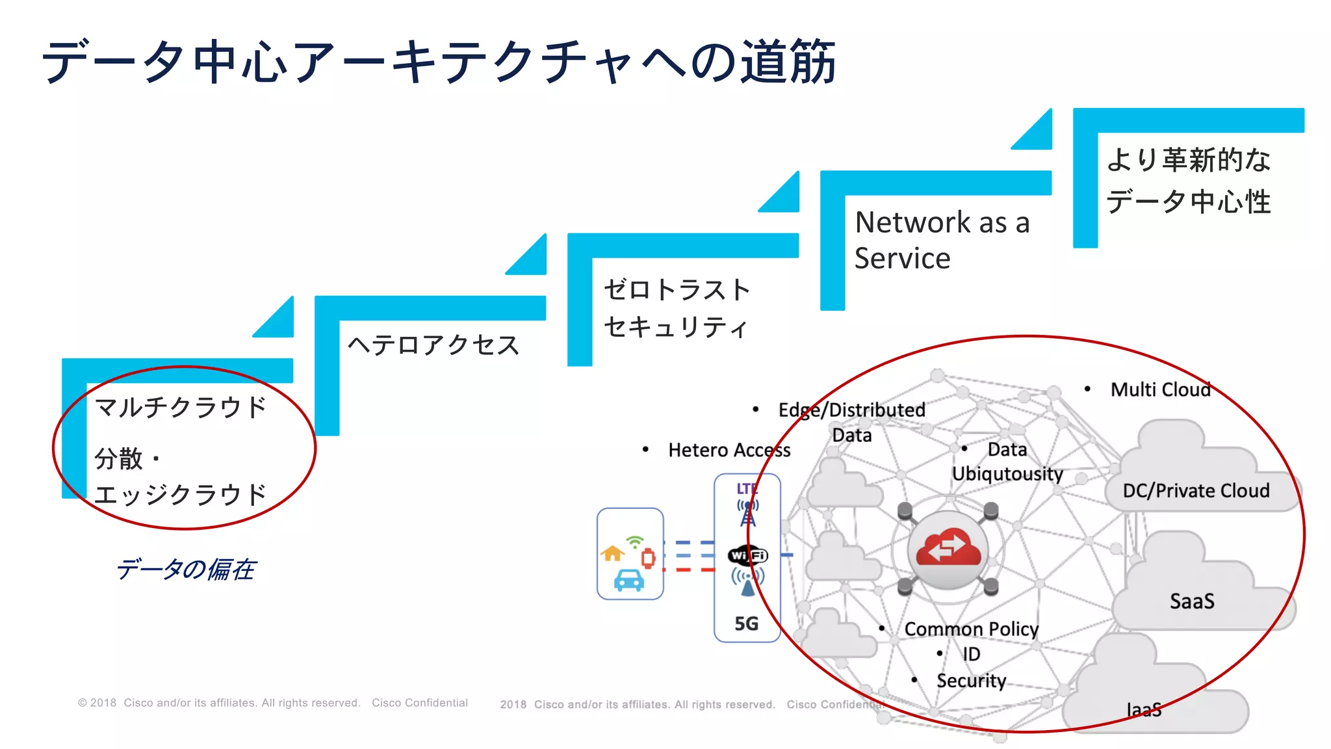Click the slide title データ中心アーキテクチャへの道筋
439,62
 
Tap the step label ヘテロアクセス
433,345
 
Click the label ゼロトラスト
677,290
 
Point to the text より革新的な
1188,160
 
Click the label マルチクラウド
181,408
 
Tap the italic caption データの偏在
185,570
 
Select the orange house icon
612,553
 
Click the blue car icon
628,580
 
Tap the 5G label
747,624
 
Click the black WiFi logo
748,555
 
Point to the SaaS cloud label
1192,601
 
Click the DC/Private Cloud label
1196,491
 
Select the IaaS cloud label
1144,709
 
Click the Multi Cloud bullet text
1160,389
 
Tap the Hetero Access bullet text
729,450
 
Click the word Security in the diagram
971,681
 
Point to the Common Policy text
971,629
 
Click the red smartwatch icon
648,558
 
